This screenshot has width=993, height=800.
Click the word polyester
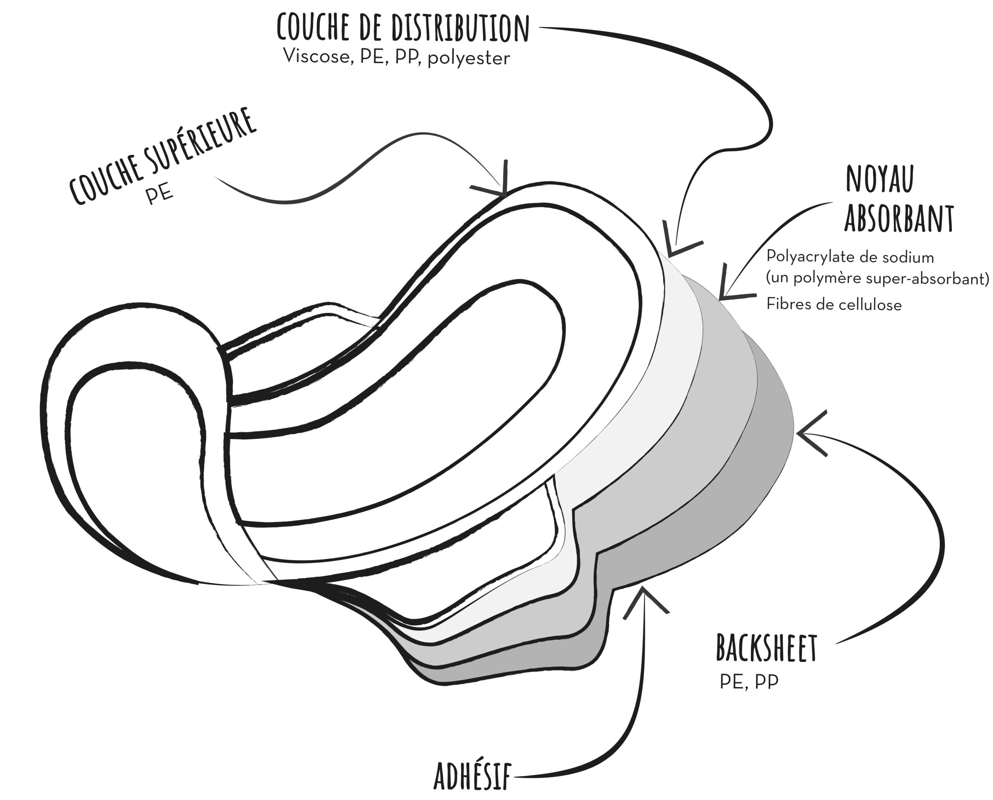(x=469, y=59)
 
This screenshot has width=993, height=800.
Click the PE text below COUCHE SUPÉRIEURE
(x=160, y=195)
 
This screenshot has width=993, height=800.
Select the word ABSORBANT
(x=899, y=218)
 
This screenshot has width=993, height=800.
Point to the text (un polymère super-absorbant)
(x=877, y=279)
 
